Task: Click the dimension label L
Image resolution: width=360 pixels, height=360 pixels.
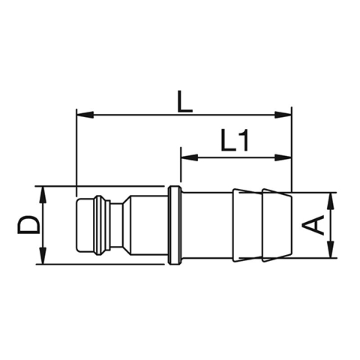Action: pos(184,101)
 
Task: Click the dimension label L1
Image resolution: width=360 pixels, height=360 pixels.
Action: pos(235,140)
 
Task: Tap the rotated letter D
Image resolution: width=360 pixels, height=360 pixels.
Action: pos(28,225)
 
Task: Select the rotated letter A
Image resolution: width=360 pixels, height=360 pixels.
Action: pos(313,225)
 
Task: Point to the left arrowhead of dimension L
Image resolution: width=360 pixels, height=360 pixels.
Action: pos(85,115)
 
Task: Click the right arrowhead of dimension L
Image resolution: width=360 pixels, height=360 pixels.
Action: pos(283,115)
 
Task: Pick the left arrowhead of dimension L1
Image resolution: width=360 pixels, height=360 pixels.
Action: pos(190,157)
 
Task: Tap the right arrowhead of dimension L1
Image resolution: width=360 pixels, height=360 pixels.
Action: pos(283,157)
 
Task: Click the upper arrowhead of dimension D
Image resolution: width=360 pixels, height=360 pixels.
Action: pos(43,195)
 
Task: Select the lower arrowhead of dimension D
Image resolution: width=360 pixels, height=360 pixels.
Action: pos(43,256)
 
